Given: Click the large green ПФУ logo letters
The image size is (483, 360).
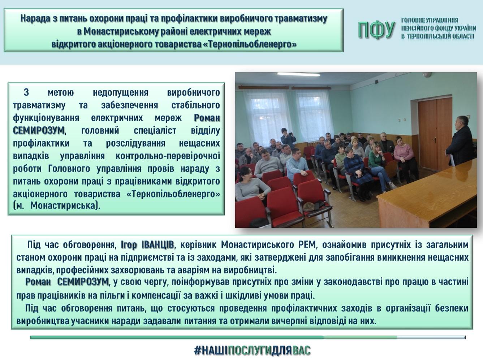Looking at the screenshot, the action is [376, 30].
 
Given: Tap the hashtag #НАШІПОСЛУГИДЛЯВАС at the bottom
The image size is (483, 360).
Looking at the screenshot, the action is [252, 351].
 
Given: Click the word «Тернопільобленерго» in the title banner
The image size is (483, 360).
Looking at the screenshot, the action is [252, 44].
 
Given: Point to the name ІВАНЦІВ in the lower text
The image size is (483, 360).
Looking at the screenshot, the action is [158, 244].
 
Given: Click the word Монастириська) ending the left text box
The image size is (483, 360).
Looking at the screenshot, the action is [65, 206].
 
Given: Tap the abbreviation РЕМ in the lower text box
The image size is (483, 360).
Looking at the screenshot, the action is [307, 244].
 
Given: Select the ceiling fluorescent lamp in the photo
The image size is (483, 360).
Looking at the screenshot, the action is [298, 75].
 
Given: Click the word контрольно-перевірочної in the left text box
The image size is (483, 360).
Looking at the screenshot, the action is [168, 156].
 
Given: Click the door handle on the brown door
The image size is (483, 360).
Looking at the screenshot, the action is [434, 139].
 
